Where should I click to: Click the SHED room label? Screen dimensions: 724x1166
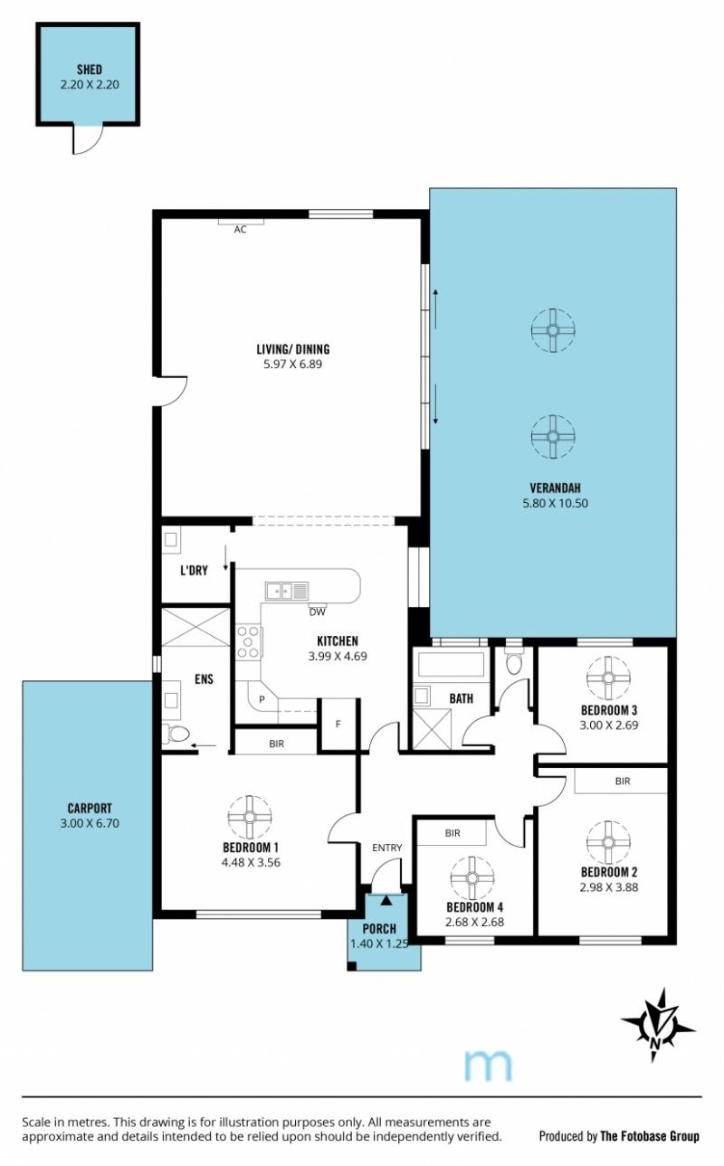coord(89,70)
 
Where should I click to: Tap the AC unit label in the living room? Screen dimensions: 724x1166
coord(240,230)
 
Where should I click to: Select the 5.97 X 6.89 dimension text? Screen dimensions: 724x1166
coord(292,364)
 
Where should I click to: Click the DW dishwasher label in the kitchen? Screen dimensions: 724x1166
coord(318,612)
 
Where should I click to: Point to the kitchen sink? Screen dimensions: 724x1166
coord(287,591)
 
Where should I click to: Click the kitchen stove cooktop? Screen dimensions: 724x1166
coord(249,642)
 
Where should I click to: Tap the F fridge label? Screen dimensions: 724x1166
coord(338,724)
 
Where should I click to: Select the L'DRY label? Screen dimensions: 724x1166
coord(194,571)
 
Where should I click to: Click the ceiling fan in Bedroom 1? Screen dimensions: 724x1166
coord(250,817)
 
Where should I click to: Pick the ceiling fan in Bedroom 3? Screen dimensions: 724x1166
coord(608,678)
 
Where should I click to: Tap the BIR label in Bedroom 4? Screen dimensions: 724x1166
coord(452,833)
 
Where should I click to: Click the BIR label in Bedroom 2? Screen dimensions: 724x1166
coord(623,782)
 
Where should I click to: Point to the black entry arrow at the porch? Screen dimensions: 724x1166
coord(386,900)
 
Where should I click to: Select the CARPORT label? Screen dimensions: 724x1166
coord(90,809)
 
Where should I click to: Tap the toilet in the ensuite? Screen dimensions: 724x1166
coord(176,734)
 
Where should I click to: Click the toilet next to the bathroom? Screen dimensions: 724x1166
coord(513,660)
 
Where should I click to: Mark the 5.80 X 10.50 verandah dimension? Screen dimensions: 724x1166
coord(556,503)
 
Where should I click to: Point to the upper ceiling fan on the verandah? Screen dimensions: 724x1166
coord(553,330)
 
